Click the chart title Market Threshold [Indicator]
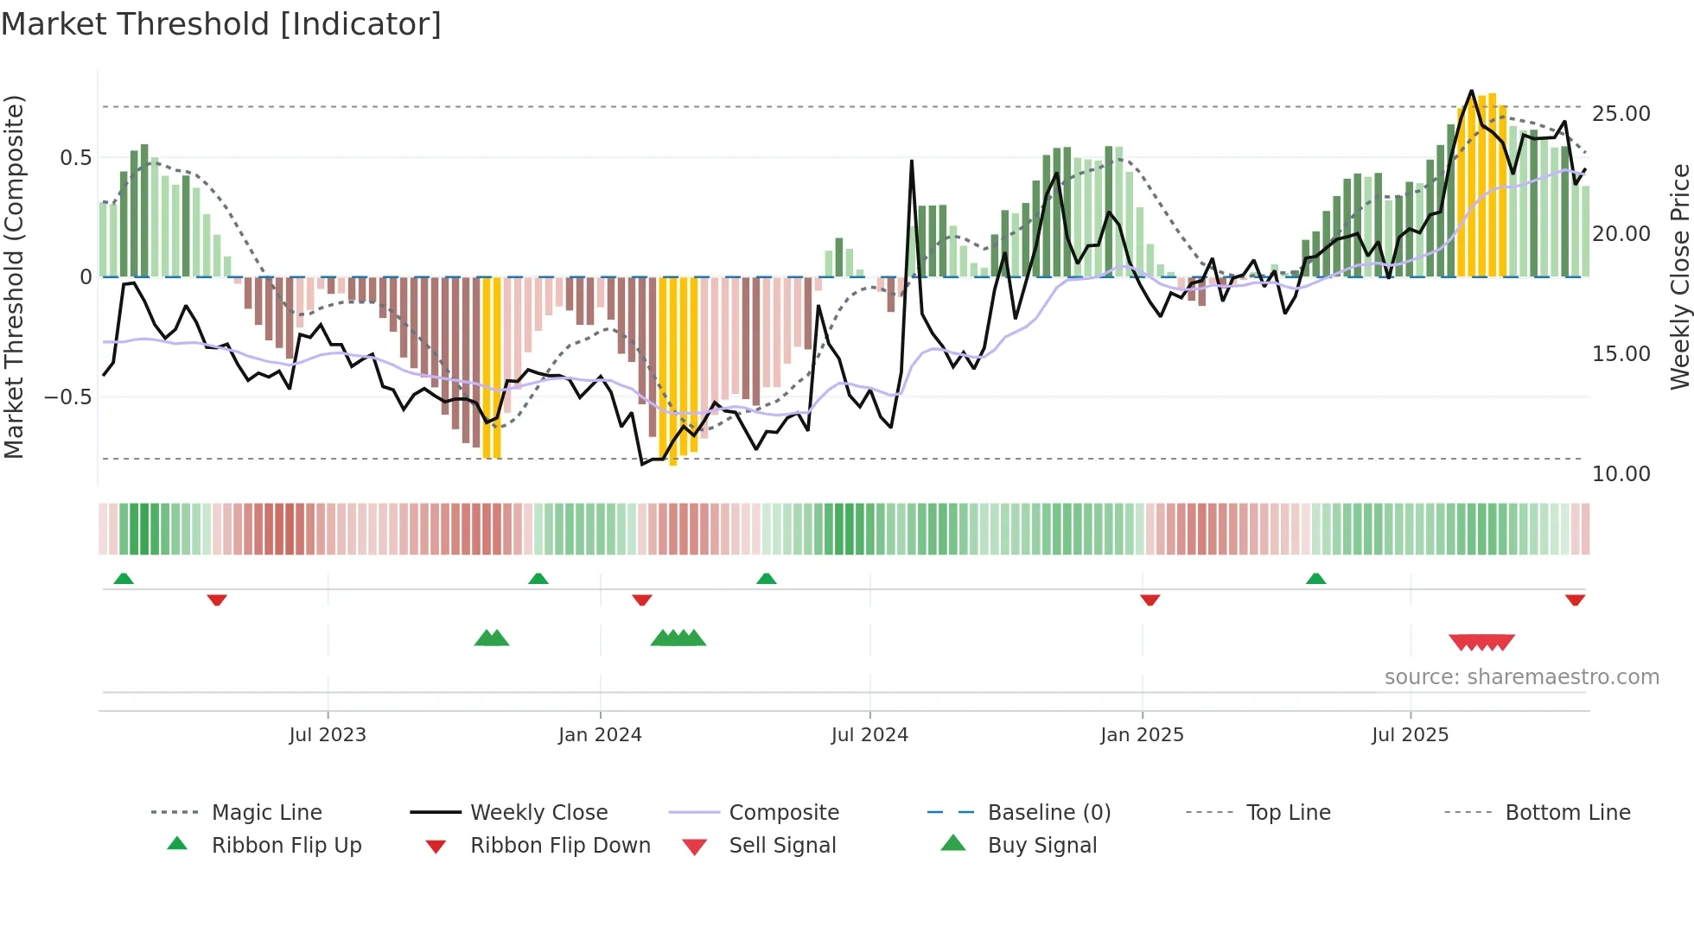(x=221, y=24)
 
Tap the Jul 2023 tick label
(x=328, y=735)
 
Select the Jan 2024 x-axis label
(x=600, y=735)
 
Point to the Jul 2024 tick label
(x=869, y=735)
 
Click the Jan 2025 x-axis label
(x=1142, y=735)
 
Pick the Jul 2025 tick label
(x=1410, y=735)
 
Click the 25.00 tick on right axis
(x=1621, y=114)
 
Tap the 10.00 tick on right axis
(x=1621, y=474)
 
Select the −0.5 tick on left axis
(x=68, y=397)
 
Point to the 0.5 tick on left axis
(x=75, y=158)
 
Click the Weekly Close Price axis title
(x=1679, y=276)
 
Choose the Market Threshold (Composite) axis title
(x=14, y=276)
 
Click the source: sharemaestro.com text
(x=1521, y=677)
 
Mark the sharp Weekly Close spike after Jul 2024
(x=912, y=162)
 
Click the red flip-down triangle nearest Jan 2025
(x=1149, y=600)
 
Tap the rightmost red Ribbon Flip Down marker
(x=1575, y=600)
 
